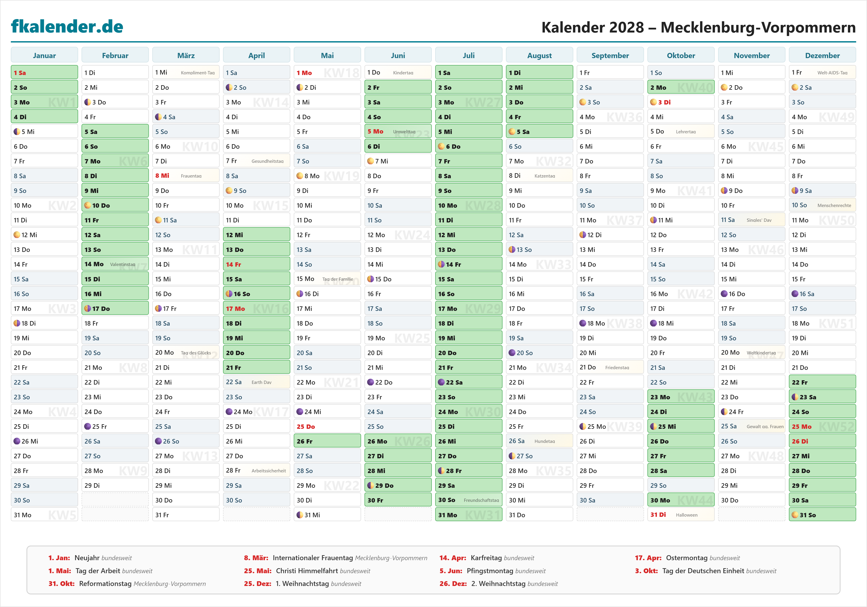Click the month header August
(539, 55)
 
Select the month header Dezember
(822, 55)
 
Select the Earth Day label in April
(261, 382)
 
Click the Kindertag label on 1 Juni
(403, 73)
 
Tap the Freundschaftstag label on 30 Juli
(481, 500)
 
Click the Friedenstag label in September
(617, 367)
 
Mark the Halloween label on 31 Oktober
(686, 515)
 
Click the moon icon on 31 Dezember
(795, 515)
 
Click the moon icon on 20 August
(512, 353)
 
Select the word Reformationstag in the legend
(105, 584)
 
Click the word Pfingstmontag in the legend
(490, 571)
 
